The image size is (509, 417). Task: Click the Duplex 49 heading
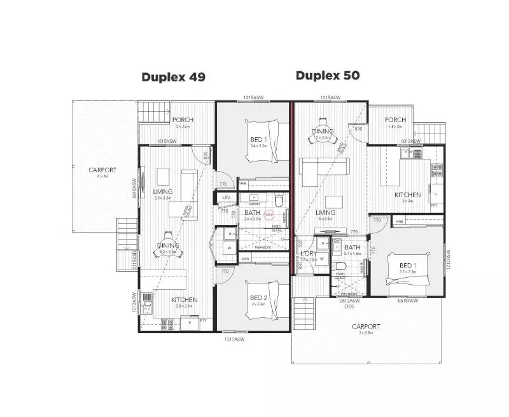(173, 78)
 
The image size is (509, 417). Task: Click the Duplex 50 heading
(328, 76)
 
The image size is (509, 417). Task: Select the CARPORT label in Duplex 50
(365, 326)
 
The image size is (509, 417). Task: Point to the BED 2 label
(258, 297)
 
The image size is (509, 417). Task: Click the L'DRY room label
(309, 254)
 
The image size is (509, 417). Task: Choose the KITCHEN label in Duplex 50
(407, 195)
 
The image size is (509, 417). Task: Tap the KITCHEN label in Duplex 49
(184, 299)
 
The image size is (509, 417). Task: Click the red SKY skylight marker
(268, 215)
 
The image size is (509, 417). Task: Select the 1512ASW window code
(233, 339)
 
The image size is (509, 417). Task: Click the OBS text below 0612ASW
(349, 307)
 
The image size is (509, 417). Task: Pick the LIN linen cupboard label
(227, 198)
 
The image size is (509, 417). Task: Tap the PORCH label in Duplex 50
(395, 120)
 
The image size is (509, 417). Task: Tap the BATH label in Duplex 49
(252, 212)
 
